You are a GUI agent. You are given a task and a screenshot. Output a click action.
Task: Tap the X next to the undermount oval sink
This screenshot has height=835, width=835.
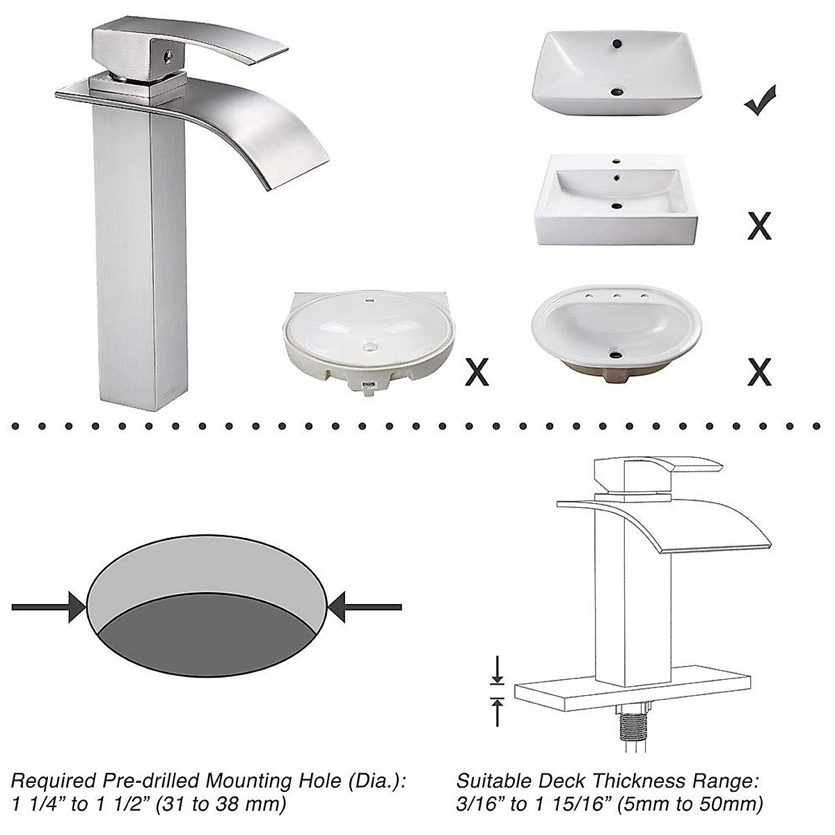[477, 372]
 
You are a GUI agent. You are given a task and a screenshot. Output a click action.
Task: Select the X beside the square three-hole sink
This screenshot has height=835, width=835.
[759, 226]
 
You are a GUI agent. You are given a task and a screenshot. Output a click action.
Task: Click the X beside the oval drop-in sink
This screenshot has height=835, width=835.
[759, 372]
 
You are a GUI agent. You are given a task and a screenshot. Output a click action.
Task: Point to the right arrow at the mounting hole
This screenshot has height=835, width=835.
[365, 607]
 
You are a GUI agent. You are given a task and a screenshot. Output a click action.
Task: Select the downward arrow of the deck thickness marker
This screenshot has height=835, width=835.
[497, 671]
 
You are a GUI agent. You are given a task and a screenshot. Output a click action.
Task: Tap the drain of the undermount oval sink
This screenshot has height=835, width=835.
[369, 346]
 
